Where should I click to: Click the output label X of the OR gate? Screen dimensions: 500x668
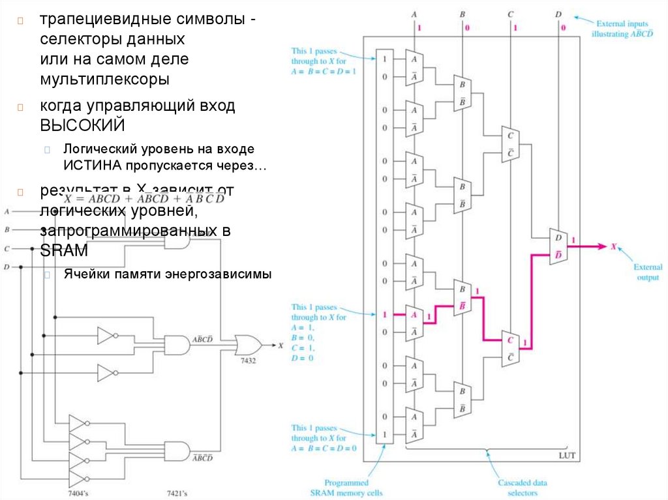pos(281,346)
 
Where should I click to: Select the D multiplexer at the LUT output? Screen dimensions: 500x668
pos(559,246)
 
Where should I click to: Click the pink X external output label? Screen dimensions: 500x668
pos(613,246)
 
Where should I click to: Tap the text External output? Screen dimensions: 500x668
pos(647,272)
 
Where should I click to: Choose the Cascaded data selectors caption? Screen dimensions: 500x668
pos(523,488)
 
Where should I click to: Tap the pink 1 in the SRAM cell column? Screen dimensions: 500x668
pos(385,315)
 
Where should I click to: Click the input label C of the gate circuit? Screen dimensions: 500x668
pos(7,248)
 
